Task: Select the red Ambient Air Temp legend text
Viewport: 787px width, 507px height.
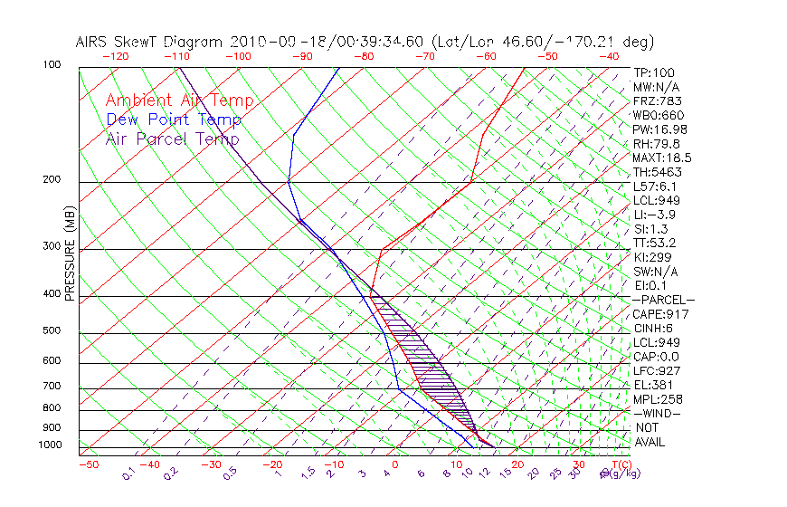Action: click(x=179, y=101)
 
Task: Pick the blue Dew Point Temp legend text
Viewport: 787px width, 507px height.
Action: click(x=174, y=120)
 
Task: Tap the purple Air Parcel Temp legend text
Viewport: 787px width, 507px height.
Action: click(x=172, y=139)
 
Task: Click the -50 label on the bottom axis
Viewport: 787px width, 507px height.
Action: click(x=88, y=464)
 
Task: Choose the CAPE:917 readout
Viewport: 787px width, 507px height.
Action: click(x=660, y=314)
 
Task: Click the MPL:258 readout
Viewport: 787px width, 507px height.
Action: click(x=658, y=399)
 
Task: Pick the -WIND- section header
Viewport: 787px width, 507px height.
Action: click(x=658, y=413)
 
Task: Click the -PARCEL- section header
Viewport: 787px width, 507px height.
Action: click(x=664, y=300)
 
